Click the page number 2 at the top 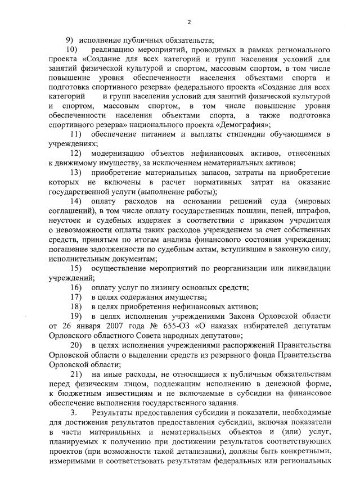[189, 22]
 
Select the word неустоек [66, 220]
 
